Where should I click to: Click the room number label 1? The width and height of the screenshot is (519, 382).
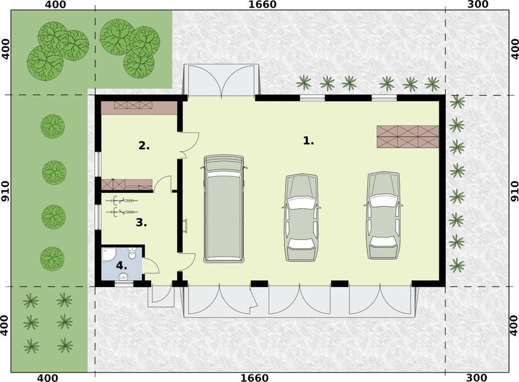[x=308, y=141]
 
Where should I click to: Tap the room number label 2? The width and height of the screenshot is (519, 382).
[x=144, y=146]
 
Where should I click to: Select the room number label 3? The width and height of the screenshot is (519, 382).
[x=141, y=223]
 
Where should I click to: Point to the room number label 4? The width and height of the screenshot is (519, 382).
[x=122, y=266]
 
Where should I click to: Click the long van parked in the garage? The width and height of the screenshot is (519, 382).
[x=224, y=209]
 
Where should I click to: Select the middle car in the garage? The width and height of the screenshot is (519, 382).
[x=302, y=216]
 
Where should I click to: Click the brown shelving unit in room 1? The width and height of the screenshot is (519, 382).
[x=408, y=136]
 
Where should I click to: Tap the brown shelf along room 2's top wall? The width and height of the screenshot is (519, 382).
[x=139, y=107]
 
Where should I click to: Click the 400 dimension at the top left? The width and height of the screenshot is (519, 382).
[x=55, y=5]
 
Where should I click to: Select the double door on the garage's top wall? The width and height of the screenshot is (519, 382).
[x=220, y=80]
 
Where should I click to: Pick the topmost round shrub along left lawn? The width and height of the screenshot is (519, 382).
[x=53, y=126]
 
